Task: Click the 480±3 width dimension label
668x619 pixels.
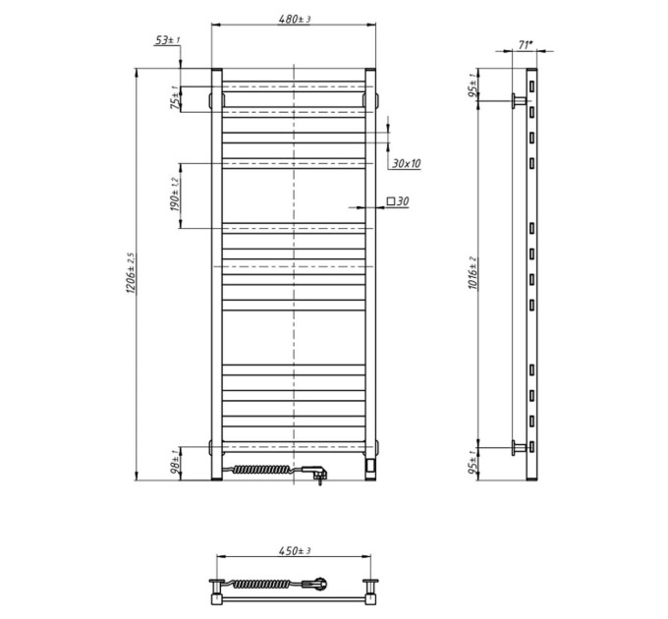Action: [x=295, y=20]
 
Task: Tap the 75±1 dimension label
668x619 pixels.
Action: [x=175, y=97]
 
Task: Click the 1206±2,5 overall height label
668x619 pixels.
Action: [x=131, y=272]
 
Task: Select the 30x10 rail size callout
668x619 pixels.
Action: [x=406, y=163]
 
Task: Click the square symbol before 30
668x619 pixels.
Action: [x=391, y=200]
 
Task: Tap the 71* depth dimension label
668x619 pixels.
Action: [x=526, y=45]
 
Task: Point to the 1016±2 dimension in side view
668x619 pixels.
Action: [x=473, y=273]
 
